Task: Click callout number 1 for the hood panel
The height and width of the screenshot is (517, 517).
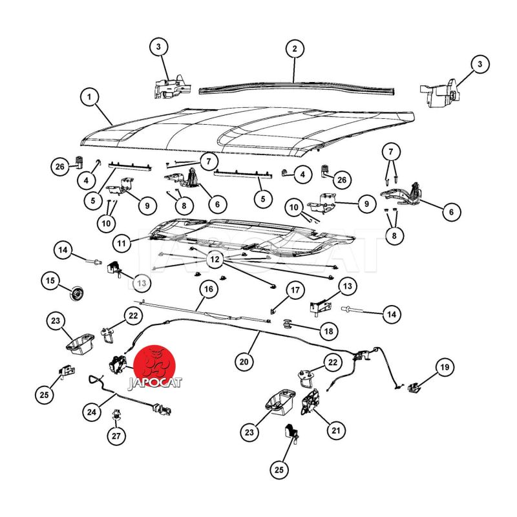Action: click(x=89, y=97)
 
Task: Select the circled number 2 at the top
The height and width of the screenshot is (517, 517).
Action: click(x=295, y=49)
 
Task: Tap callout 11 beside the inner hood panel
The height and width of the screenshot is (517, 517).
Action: click(x=121, y=244)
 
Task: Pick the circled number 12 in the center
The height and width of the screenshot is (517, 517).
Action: click(x=215, y=259)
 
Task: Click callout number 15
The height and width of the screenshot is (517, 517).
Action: click(x=50, y=280)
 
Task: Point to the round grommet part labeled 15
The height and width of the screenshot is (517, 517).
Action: click(x=77, y=293)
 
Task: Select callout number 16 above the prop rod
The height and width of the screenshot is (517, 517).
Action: click(x=209, y=289)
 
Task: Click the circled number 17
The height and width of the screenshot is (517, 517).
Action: click(x=295, y=290)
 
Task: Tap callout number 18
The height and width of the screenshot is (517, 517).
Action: click(x=329, y=331)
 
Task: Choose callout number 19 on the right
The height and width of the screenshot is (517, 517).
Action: click(x=445, y=367)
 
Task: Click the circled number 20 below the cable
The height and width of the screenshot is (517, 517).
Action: click(x=244, y=362)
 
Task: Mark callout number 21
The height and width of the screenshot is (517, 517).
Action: click(x=336, y=430)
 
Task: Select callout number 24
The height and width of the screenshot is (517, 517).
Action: click(x=92, y=412)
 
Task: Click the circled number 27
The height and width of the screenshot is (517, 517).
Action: click(x=116, y=436)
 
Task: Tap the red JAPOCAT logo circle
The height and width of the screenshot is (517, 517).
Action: click(x=155, y=365)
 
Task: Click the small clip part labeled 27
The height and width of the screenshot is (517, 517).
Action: click(x=116, y=414)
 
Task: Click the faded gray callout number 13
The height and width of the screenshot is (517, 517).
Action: click(x=142, y=283)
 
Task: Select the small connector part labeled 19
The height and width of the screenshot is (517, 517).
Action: click(x=414, y=388)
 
